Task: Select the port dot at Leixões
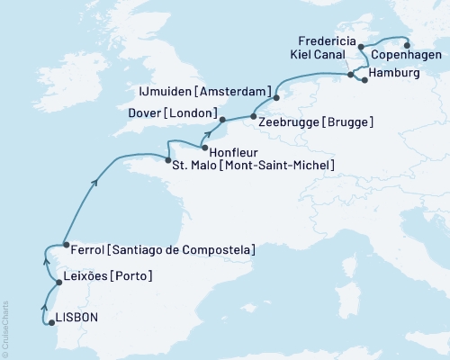coord(59,282)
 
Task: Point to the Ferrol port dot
coord(65,244)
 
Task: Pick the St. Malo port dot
coord(169,161)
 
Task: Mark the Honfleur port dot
coord(205,148)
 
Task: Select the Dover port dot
coord(222,118)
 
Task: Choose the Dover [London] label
coord(175,113)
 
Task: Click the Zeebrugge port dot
coord(254,116)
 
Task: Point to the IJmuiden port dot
coord(276,97)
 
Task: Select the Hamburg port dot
coord(364,81)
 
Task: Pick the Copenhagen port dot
coord(406,45)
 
